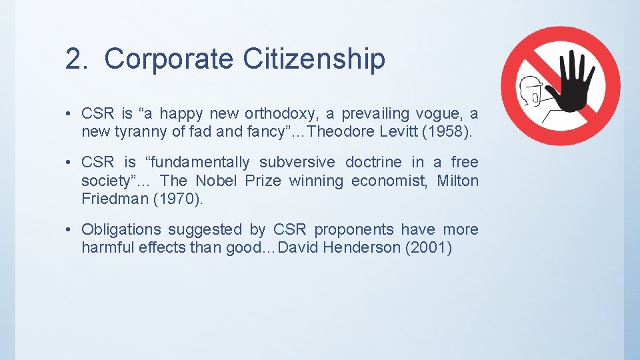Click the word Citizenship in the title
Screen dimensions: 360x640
click(x=313, y=59)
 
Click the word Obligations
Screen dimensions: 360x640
click(x=121, y=230)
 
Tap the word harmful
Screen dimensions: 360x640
click(x=107, y=248)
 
